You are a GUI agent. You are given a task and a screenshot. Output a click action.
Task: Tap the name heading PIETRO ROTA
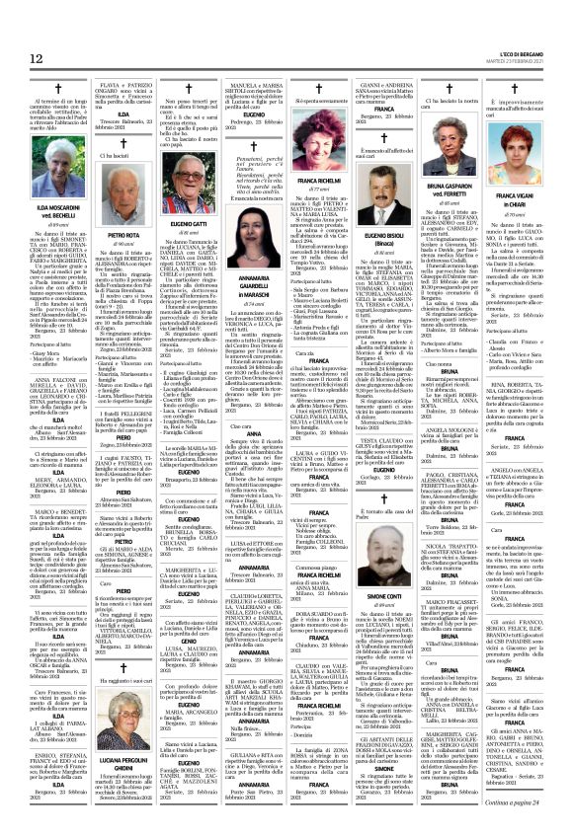124,237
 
